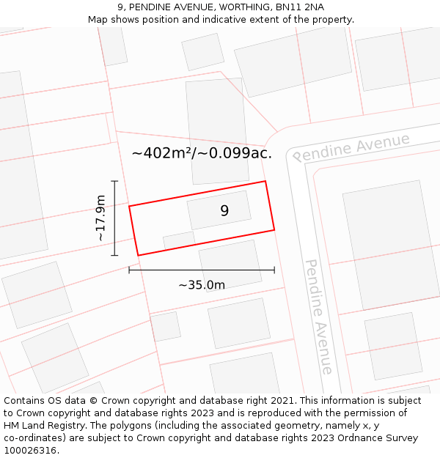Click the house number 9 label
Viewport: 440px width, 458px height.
pyautogui.click(x=224, y=211)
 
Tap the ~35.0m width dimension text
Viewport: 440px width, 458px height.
pyautogui.click(x=202, y=285)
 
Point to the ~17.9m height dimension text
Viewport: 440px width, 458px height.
pyautogui.click(x=100, y=218)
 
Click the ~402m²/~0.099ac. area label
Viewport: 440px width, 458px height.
pyautogui.click(x=202, y=153)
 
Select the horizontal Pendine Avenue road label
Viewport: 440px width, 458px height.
pyautogui.click(x=351, y=147)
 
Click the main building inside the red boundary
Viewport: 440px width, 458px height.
pyautogui.click(x=219, y=210)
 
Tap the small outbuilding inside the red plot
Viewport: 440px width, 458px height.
pyautogui.click(x=179, y=240)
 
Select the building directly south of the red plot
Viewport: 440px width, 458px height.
pyautogui.click(x=230, y=265)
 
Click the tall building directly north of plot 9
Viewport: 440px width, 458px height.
pyautogui.click(x=217, y=130)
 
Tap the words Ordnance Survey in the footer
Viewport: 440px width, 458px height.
pyautogui.click(x=376, y=438)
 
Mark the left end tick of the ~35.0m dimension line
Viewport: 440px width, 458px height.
pyautogui.click(x=129, y=270)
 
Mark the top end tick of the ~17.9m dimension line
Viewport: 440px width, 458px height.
pyautogui.click(x=114, y=181)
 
